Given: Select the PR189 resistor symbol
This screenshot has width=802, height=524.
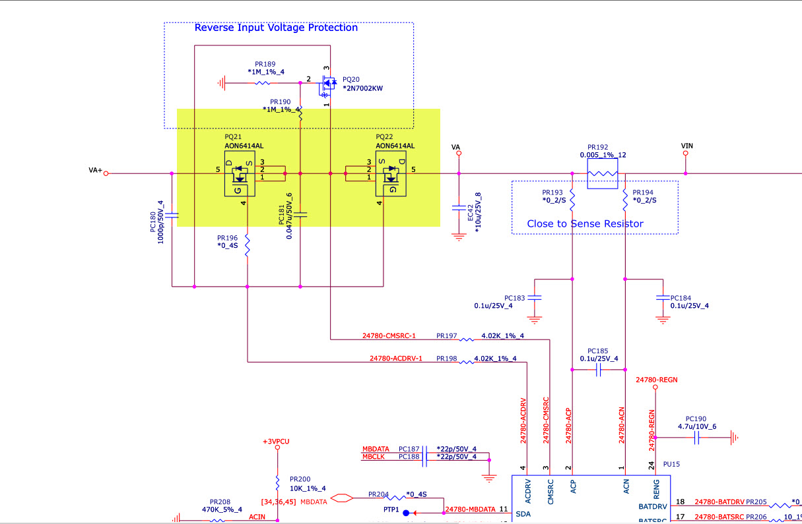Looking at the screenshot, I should point(262,83).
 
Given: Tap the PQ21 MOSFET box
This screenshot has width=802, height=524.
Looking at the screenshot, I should point(240,173).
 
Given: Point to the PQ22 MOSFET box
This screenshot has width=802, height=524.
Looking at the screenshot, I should point(390,173).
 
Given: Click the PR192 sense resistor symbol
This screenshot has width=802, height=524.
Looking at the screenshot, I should point(602,174).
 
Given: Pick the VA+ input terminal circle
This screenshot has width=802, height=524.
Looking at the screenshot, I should point(106,174).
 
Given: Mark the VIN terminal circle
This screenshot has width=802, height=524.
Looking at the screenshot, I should point(686,154).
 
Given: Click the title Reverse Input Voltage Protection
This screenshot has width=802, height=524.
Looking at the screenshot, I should point(276,28).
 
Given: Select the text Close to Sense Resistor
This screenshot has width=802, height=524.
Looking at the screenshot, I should point(585,223).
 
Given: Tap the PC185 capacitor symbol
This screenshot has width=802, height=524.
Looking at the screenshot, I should point(598,370).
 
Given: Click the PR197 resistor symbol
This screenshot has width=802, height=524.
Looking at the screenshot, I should point(467,339).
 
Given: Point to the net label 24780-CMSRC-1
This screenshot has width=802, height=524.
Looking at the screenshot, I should point(389,336).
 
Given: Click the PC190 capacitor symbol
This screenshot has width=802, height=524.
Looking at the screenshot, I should point(696,436).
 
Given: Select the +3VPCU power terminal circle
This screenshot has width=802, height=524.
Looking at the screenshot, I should point(277,448).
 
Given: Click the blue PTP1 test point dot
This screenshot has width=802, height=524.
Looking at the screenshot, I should point(406,513).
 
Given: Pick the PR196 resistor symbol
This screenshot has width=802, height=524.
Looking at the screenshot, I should point(247,247).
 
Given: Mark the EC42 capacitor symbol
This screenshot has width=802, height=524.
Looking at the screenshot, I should point(459,208).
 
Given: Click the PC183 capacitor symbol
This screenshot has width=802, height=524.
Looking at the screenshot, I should point(535,298).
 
